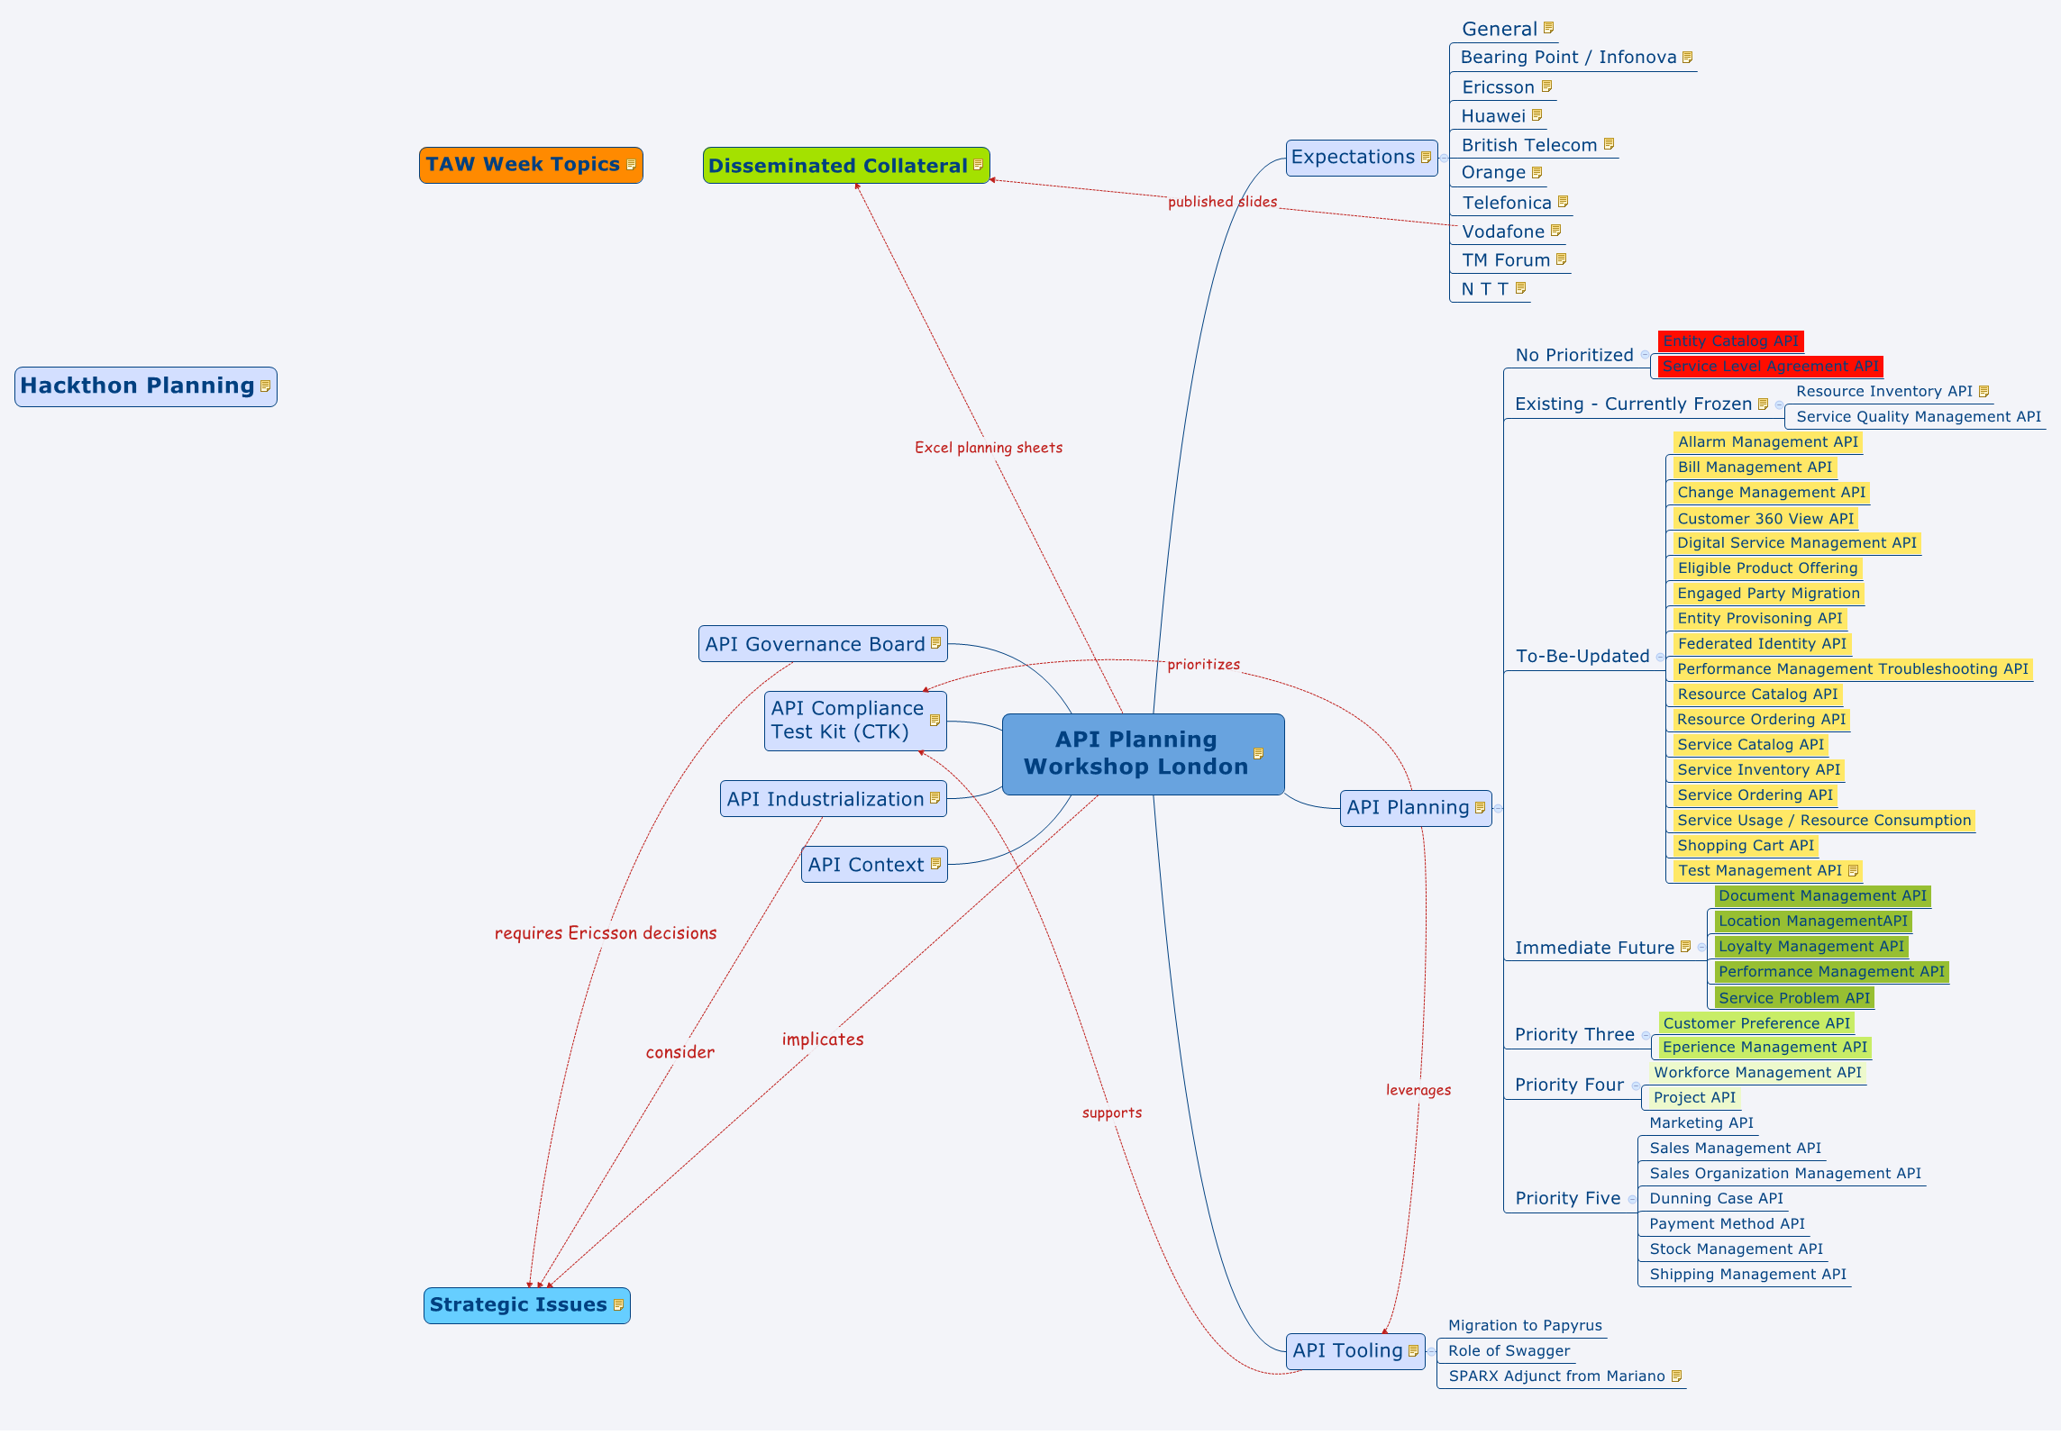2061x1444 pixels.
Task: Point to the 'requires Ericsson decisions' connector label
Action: click(x=606, y=933)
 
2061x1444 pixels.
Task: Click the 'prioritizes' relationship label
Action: click(x=1203, y=665)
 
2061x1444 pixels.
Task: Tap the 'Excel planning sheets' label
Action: click(x=989, y=448)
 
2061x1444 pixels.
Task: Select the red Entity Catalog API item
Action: click(x=1730, y=341)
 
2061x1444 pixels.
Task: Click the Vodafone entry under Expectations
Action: click(x=1502, y=232)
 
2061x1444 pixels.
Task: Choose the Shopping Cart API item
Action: click(x=1745, y=846)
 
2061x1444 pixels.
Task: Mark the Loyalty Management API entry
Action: click(x=1810, y=947)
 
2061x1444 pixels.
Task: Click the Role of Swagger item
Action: click(x=1509, y=1351)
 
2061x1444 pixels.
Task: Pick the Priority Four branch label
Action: click(x=1569, y=1085)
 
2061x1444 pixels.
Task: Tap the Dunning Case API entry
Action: click(x=1716, y=1199)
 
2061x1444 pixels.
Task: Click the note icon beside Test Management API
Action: click(x=1853, y=871)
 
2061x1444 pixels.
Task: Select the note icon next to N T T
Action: click(x=1521, y=288)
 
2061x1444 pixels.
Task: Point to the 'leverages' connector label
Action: click(x=1418, y=1090)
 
